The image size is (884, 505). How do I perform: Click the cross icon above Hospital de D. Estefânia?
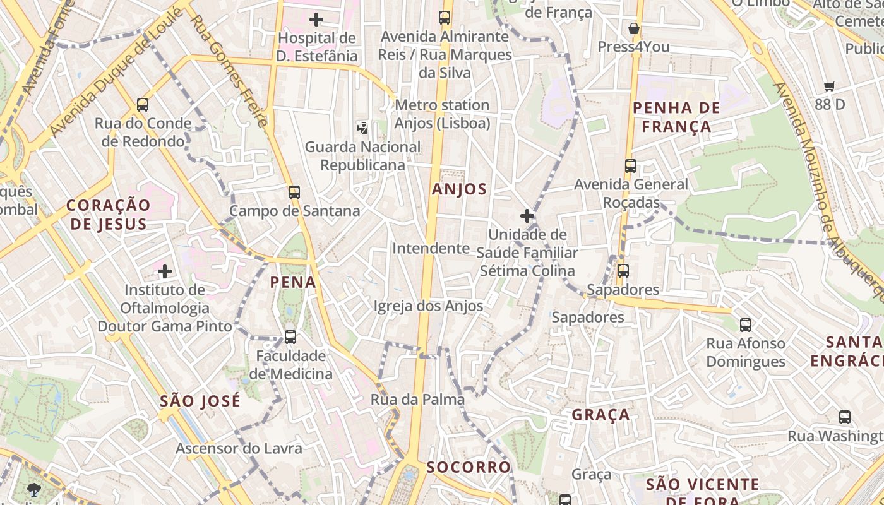(316, 19)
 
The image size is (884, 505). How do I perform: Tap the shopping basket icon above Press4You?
(634, 28)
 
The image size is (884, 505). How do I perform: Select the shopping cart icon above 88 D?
(829, 86)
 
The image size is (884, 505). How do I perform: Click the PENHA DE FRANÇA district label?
(676, 117)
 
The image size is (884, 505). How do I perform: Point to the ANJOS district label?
(460, 189)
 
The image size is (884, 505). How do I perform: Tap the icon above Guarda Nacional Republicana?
(362, 128)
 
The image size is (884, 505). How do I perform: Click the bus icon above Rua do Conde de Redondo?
(143, 105)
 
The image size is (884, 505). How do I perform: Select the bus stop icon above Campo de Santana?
(294, 192)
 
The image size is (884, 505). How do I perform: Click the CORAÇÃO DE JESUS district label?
(109, 214)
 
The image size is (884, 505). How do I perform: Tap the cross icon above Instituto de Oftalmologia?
(165, 271)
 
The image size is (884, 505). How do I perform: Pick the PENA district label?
(293, 282)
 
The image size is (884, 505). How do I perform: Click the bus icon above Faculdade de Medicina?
(290, 337)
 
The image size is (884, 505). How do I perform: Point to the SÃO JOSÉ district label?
(200, 401)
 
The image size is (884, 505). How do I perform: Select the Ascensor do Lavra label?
(239, 448)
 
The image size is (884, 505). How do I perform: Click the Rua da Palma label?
(417, 399)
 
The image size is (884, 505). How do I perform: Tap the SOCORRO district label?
(469, 467)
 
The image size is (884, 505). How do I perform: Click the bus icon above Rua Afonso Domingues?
(746, 325)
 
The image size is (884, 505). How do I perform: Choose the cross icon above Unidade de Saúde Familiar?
(527, 216)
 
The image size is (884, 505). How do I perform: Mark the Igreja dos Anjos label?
(429, 306)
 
